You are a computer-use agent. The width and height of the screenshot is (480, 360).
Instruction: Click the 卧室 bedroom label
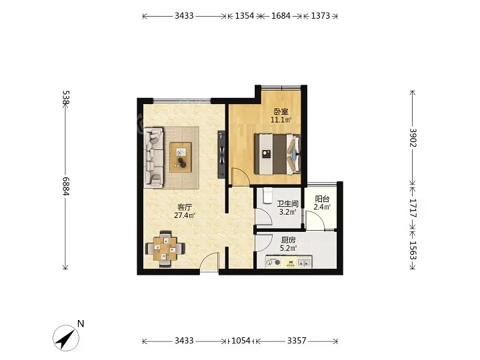[x=281, y=111]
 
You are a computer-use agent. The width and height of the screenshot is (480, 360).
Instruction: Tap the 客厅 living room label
[x=185, y=207]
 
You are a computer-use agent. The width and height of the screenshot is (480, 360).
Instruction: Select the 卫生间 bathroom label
[x=287, y=203]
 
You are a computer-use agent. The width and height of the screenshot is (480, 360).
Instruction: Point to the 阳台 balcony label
[x=322, y=199]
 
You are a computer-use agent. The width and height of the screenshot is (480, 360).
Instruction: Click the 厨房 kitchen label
[x=288, y=240]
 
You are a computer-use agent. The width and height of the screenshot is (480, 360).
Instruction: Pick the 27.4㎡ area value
[x=185, y=215]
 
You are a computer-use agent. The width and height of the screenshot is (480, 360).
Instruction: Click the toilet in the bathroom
[x=267, y=195]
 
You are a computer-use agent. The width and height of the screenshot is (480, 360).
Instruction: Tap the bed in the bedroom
[x=277, y=154]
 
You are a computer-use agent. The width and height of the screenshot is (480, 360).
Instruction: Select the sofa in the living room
[x=154, y=157]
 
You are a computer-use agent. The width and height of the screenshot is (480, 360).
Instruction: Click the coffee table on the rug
[x=181, y=157]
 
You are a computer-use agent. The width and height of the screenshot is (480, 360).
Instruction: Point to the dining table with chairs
[x=165, y=249]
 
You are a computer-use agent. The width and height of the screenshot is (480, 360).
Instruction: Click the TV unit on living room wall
[x=221, y=154]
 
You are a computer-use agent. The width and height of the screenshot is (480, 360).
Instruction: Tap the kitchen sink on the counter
[x=305, y=263]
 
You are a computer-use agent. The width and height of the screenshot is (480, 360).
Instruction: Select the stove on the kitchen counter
[x=273, y=263]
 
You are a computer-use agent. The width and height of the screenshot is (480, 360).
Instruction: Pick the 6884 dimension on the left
[x=65, y=186]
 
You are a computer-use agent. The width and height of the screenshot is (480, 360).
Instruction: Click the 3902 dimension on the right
[x=413, y=137]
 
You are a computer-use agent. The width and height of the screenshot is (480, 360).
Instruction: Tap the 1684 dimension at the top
[x=281, y=15]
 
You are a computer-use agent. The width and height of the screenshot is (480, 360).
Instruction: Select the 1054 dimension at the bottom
[x=241, y=341]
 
